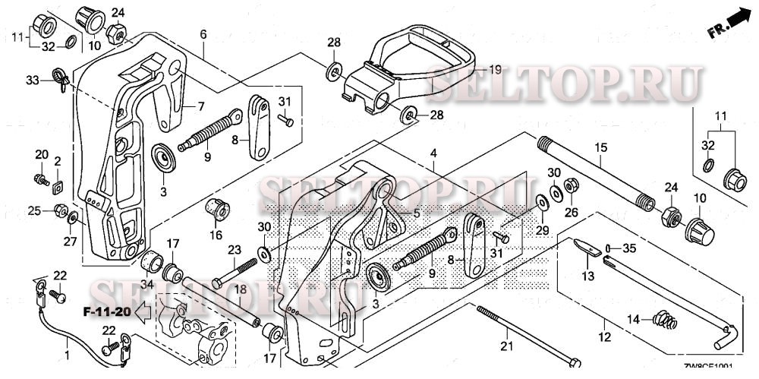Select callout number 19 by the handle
(494, 69)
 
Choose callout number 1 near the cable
(67, 355)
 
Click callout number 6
(203, 35)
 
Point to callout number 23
(234, 249)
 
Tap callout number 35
(628, 248)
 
